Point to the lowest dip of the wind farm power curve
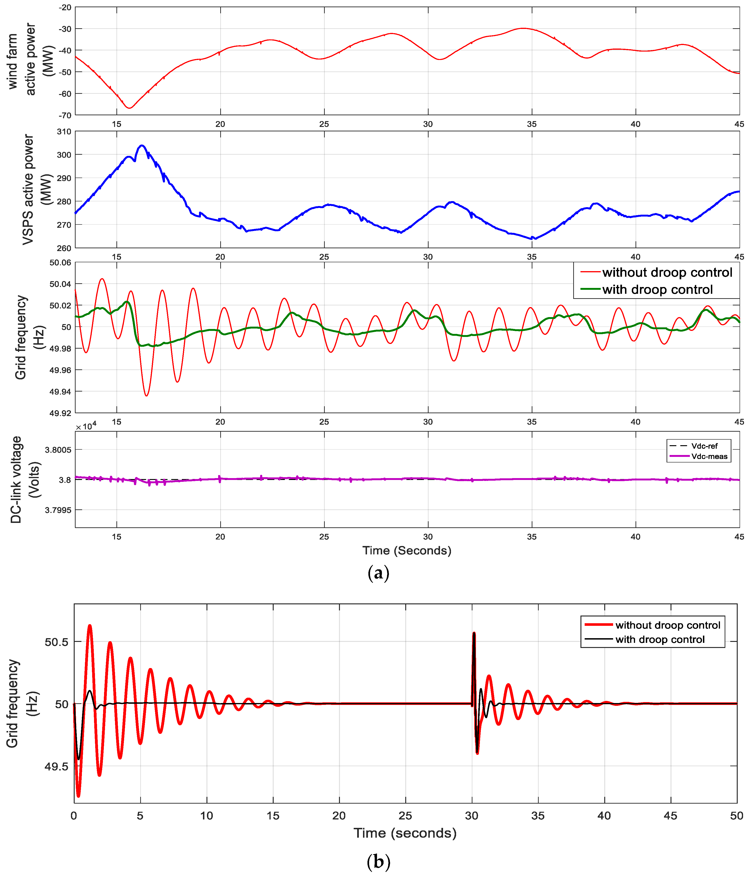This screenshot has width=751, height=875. point(129,108)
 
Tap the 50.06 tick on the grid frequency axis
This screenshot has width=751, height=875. point(60,263)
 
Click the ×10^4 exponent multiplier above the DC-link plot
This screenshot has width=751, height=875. point(86,427)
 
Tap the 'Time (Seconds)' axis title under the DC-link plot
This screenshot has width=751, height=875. point(406,551)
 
